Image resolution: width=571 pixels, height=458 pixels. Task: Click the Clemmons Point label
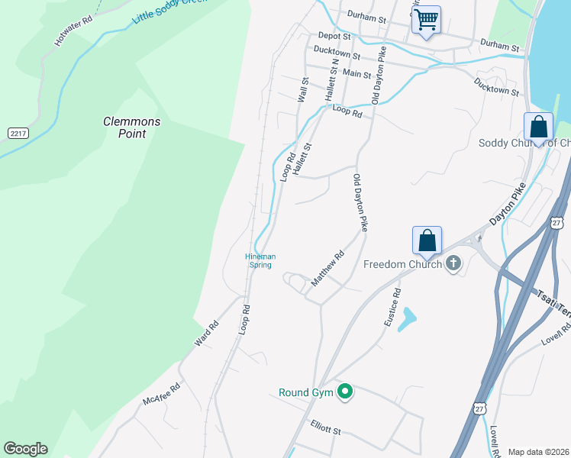[132, 127]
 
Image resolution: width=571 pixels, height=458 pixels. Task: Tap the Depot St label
[334, 36]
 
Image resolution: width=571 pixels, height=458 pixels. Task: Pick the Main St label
[356, 74]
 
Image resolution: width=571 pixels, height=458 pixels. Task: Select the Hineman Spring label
[260, 260]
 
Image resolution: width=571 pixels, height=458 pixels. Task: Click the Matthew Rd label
[328, 269]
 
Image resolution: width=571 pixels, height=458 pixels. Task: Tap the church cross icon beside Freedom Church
[453, 264]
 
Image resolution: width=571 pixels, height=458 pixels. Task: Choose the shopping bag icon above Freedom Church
[427, 240]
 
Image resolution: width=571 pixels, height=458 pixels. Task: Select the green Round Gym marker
[345, 392]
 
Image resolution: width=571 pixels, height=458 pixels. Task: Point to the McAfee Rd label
[161, 394]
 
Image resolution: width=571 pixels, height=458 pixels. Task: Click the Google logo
[25, 449]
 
